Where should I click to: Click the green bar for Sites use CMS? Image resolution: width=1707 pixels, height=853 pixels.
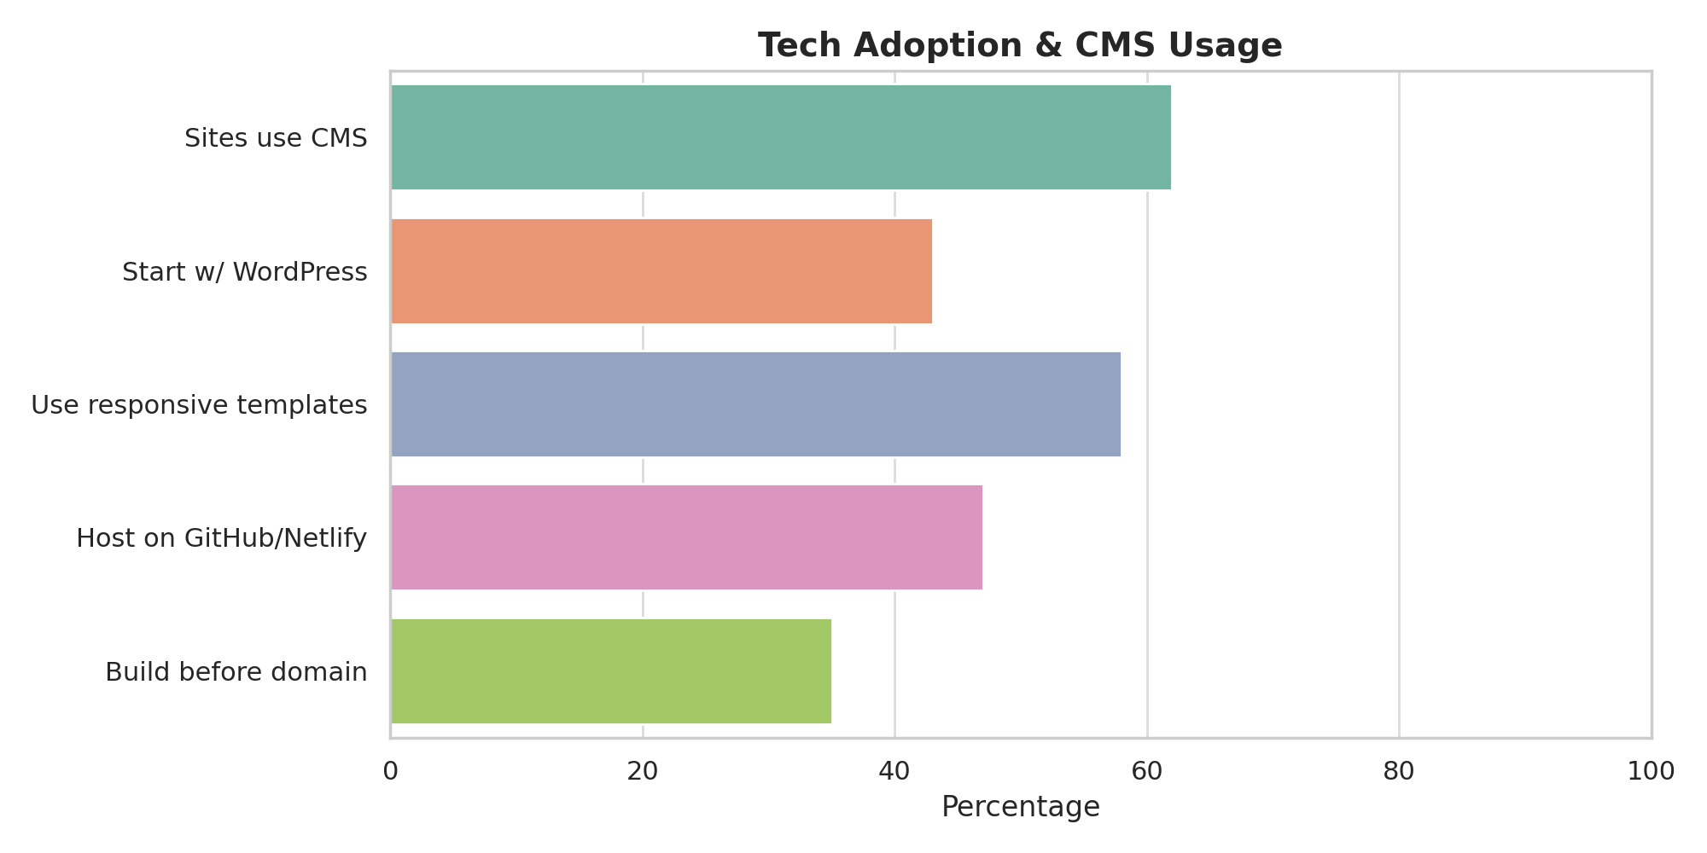pos(780,137)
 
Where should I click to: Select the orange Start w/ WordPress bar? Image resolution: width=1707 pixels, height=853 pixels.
pos(661,271)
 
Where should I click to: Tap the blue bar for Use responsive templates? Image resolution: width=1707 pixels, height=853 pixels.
pos(755,404)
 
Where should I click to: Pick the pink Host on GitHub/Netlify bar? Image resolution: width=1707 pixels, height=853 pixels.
pos(686,537)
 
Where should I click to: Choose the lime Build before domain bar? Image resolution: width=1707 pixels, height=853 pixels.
pos(611,671)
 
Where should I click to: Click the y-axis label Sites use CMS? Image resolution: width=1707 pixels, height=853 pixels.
pos(276,138)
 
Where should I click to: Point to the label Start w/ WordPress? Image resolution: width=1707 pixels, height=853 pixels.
pos(244,272)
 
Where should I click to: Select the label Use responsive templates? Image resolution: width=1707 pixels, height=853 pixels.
pos(199,405)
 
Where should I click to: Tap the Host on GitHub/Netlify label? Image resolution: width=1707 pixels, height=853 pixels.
pos(221,538)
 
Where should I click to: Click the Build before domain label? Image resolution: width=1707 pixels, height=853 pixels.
pos(236,672)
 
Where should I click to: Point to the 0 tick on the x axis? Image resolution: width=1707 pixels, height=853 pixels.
pos(391,771)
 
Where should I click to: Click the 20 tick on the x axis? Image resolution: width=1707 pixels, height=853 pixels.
pos(643,771)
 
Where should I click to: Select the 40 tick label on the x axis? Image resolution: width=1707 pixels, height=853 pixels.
pos(894,771)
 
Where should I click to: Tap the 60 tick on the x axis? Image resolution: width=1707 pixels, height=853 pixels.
pos(1147,771)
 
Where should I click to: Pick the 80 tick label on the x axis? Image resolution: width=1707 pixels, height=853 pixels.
pos(1399,771)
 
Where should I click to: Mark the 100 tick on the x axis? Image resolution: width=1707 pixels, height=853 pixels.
pos(1651,771)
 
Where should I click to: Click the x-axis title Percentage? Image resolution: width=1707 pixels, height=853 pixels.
pos(1020,807)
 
